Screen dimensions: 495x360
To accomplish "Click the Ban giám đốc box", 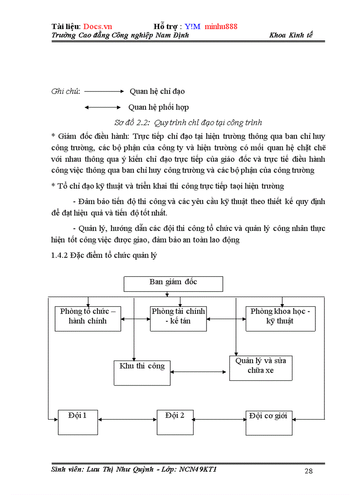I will [x=173, y=284].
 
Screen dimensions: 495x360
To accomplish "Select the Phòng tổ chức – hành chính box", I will [x=88, y=318].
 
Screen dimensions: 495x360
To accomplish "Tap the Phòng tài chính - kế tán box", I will [x=178, y=318].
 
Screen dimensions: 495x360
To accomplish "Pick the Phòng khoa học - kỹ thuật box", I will [x=280, y=318].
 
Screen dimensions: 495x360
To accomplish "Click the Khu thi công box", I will [x=142, y=373].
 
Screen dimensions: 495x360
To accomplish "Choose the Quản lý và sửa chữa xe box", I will [x=260, y=368].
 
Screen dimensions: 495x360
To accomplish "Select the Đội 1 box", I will [x=78, y=422].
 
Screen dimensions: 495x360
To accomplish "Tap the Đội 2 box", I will [x=175, y=422].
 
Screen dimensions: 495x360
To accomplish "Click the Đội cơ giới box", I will [x=269, y=422].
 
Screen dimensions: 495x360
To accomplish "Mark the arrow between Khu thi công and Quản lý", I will [x=200, y=372].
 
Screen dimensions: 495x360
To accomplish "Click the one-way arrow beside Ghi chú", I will [x=105, y=92].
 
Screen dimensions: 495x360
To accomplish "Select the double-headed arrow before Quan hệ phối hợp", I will [x=102, y=107].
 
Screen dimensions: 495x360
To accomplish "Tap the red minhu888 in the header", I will [x=221, y=26].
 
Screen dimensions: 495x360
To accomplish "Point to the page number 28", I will [x=308, y=471].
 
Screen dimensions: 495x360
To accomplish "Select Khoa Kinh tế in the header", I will [x=291, y=35].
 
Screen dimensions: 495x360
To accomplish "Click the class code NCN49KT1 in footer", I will [x=198, y=469].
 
